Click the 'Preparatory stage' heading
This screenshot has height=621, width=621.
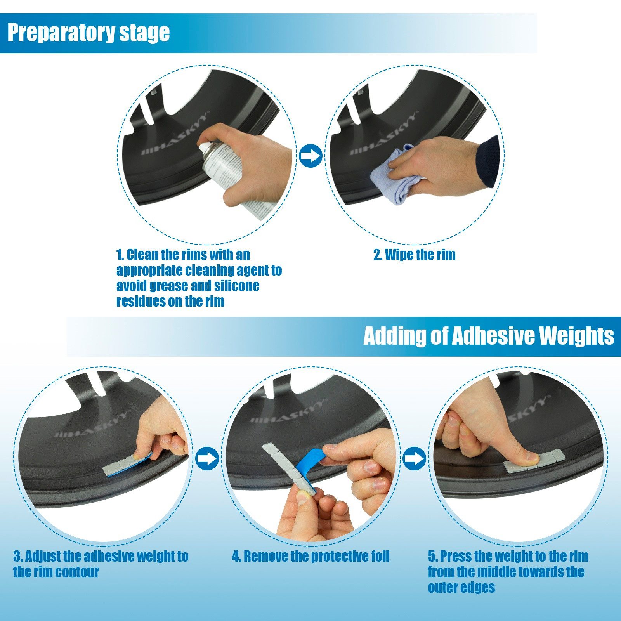[88, 33]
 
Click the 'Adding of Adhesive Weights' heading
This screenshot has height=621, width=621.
[489, 336]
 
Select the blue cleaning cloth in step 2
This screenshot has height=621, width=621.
[396, 175]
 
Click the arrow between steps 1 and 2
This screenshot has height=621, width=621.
[310, 156]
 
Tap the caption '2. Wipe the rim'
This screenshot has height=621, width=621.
[414, 255]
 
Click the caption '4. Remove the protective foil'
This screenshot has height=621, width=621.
[310, 557]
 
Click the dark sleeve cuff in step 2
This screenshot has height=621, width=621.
[487, 161]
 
